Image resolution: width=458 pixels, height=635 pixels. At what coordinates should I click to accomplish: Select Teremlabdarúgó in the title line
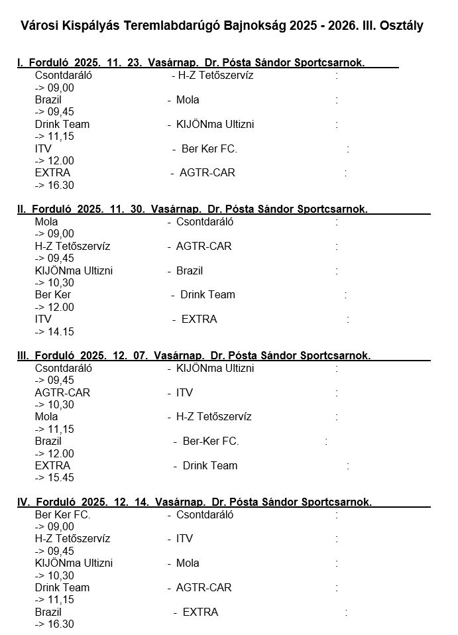point(168,26)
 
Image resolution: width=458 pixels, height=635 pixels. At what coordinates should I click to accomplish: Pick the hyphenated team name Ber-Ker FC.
point(211,441)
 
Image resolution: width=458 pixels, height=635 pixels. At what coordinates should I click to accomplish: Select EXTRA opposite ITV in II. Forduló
point(199,319)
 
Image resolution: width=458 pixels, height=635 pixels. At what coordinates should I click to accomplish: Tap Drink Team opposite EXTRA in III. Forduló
point(209,465)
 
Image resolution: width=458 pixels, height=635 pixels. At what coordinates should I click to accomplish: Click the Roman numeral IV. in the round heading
point(23,502)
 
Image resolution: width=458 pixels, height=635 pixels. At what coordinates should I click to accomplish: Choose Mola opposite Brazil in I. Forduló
point(188,100)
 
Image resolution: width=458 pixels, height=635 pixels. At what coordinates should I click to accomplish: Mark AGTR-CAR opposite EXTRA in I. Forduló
point(208,173)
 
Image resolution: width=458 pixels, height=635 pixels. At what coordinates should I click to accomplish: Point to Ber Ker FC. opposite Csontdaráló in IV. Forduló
point(62,514)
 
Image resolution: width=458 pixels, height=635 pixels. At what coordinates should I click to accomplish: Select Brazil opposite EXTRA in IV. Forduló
point(48,612)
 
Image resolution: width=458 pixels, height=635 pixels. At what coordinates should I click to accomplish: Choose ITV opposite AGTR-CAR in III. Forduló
point(184,392)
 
